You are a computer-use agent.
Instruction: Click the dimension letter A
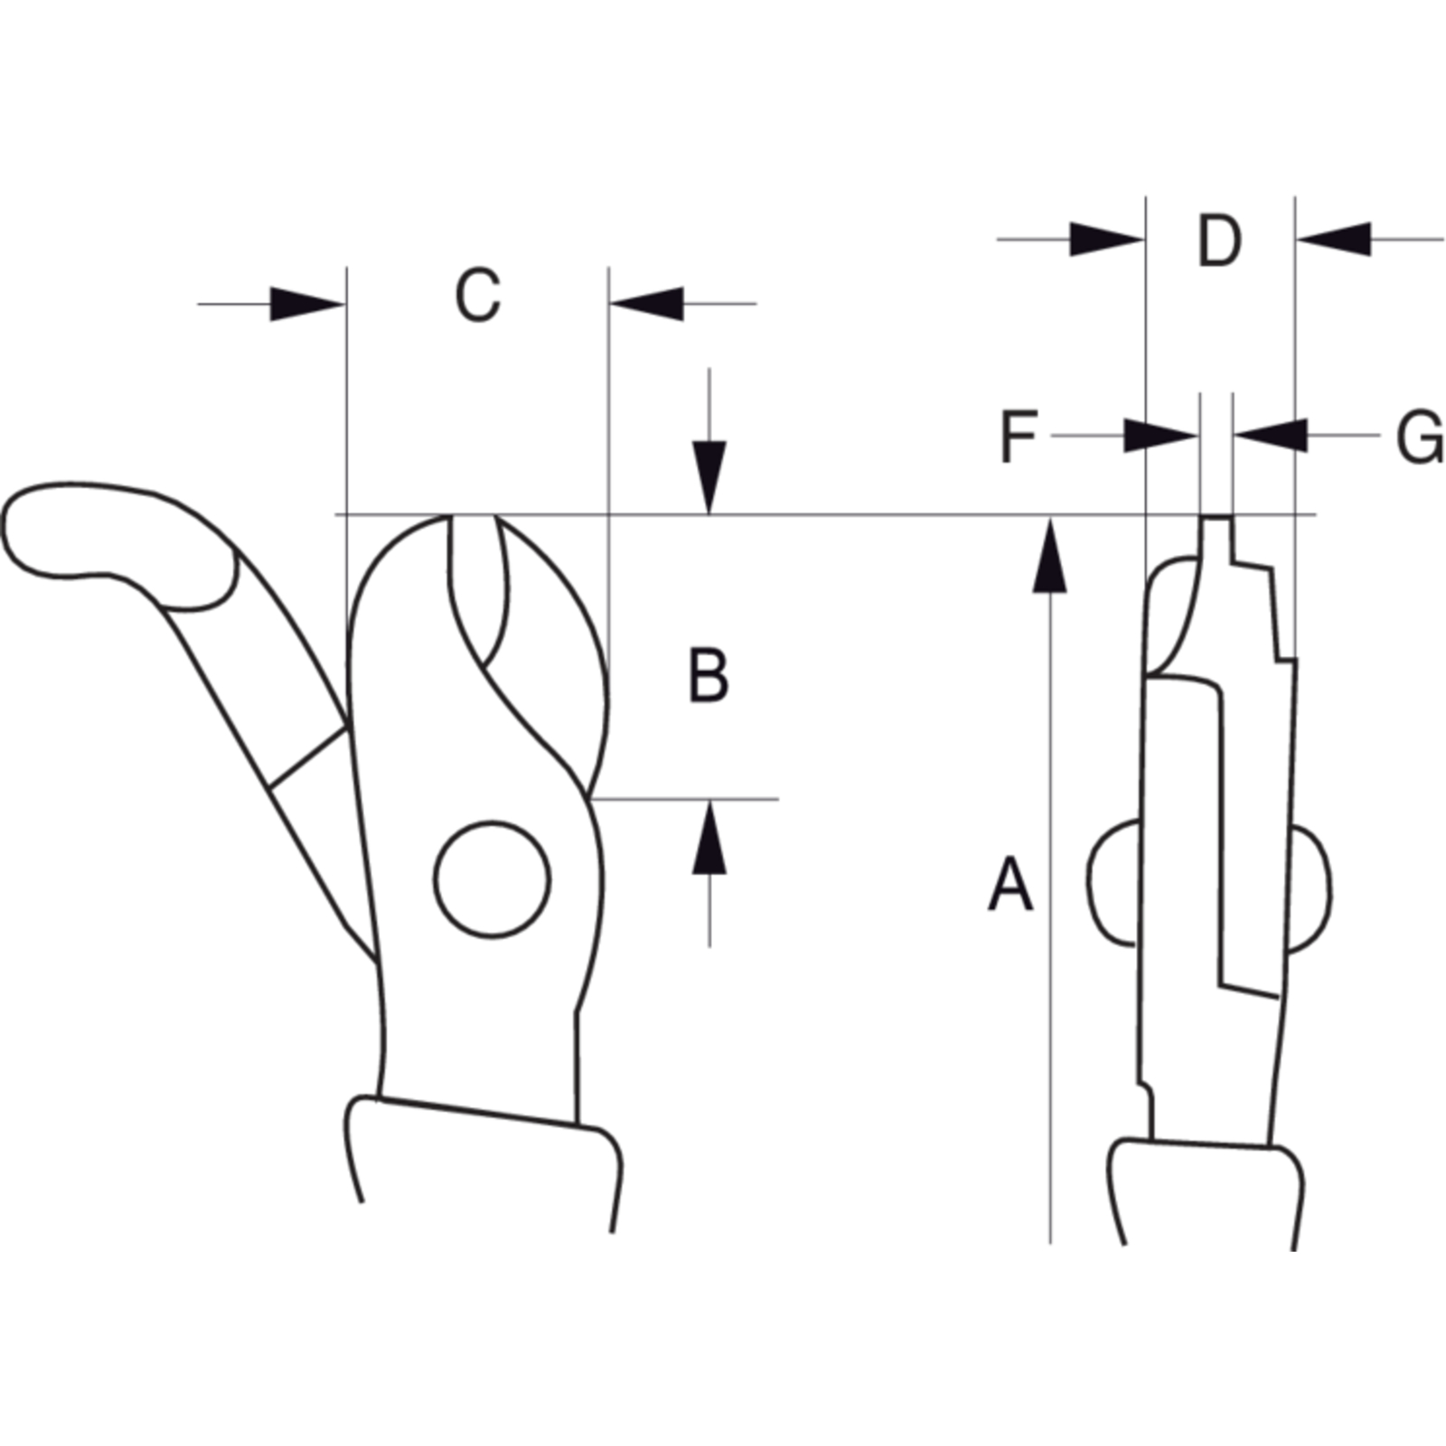point(1010,885)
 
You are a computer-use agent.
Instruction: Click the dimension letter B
point(709,675)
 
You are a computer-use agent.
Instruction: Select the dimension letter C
point(477,296)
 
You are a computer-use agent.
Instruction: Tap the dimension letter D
point(1219,240)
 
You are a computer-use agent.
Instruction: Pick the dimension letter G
point(1421,438)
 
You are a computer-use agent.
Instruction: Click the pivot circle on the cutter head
point(492,879)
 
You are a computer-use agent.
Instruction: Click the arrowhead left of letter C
point(307,304)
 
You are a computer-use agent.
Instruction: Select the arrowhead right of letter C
point(647,304)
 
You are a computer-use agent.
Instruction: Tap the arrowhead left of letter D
point(1107,239)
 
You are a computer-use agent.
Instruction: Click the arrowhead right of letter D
point(1334,239)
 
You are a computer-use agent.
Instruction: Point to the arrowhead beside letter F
point(1161,436)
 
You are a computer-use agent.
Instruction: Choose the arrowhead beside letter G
point(1270,436)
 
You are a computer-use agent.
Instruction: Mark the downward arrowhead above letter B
point(709,478)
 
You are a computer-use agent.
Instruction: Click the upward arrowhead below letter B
point(709,837)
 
